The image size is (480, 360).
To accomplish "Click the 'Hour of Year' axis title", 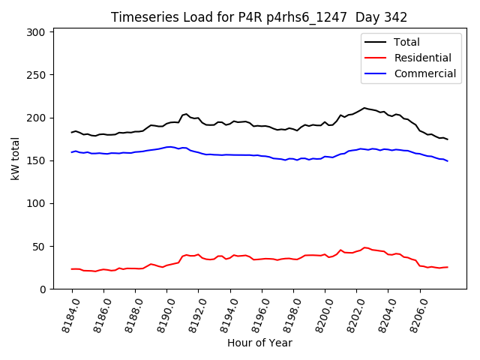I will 259,343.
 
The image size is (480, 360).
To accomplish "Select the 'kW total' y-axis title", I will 16,158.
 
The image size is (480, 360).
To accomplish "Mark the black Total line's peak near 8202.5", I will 364,108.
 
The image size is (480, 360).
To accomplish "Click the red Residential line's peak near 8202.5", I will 364,247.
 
